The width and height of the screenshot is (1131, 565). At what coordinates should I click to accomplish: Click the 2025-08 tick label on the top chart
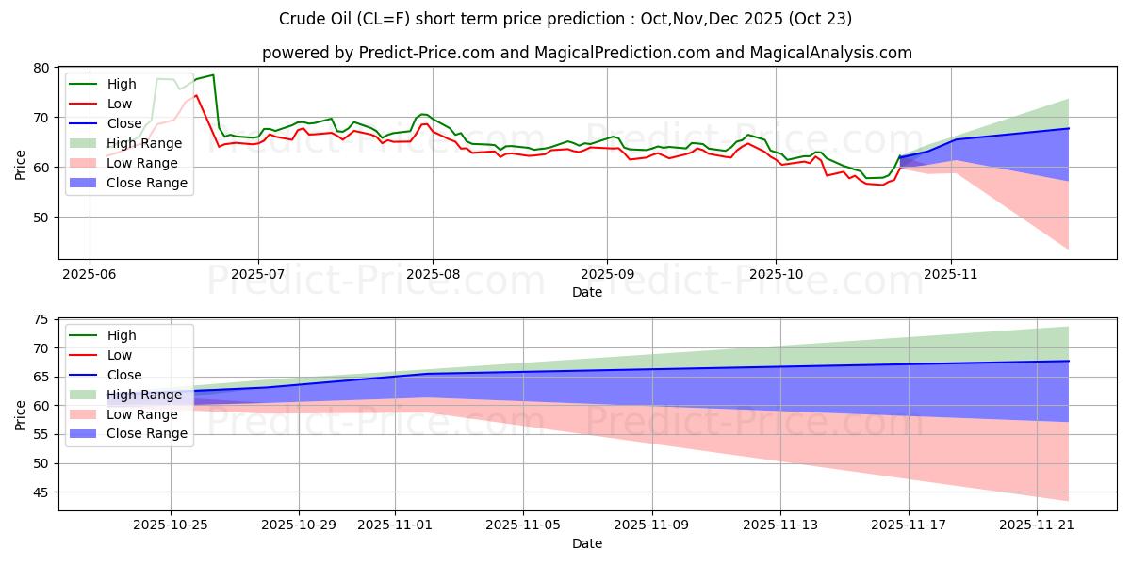click(433, 273)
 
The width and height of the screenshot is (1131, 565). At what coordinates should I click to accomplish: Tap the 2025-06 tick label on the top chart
click(90, 273)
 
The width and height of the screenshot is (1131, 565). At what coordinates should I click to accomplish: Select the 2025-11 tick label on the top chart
click(951, 273)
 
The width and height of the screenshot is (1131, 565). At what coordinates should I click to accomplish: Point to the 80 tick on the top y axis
click(41, 68)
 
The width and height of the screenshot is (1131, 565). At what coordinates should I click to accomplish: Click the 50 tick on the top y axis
click(41, 217)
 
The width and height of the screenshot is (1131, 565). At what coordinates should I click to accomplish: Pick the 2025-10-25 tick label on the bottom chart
click(171, 525)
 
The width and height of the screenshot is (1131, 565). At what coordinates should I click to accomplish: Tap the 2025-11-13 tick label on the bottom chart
click(780, 525)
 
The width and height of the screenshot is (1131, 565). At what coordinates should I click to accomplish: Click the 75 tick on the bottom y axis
click(41, 319)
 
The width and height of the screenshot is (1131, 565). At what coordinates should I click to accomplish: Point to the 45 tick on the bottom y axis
click(41, 492)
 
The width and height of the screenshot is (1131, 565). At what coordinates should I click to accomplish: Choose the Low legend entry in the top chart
click(120, 104)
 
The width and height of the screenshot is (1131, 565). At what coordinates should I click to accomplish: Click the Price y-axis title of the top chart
click(20, 164)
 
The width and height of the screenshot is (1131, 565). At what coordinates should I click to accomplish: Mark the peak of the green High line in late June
click(213, 74)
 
